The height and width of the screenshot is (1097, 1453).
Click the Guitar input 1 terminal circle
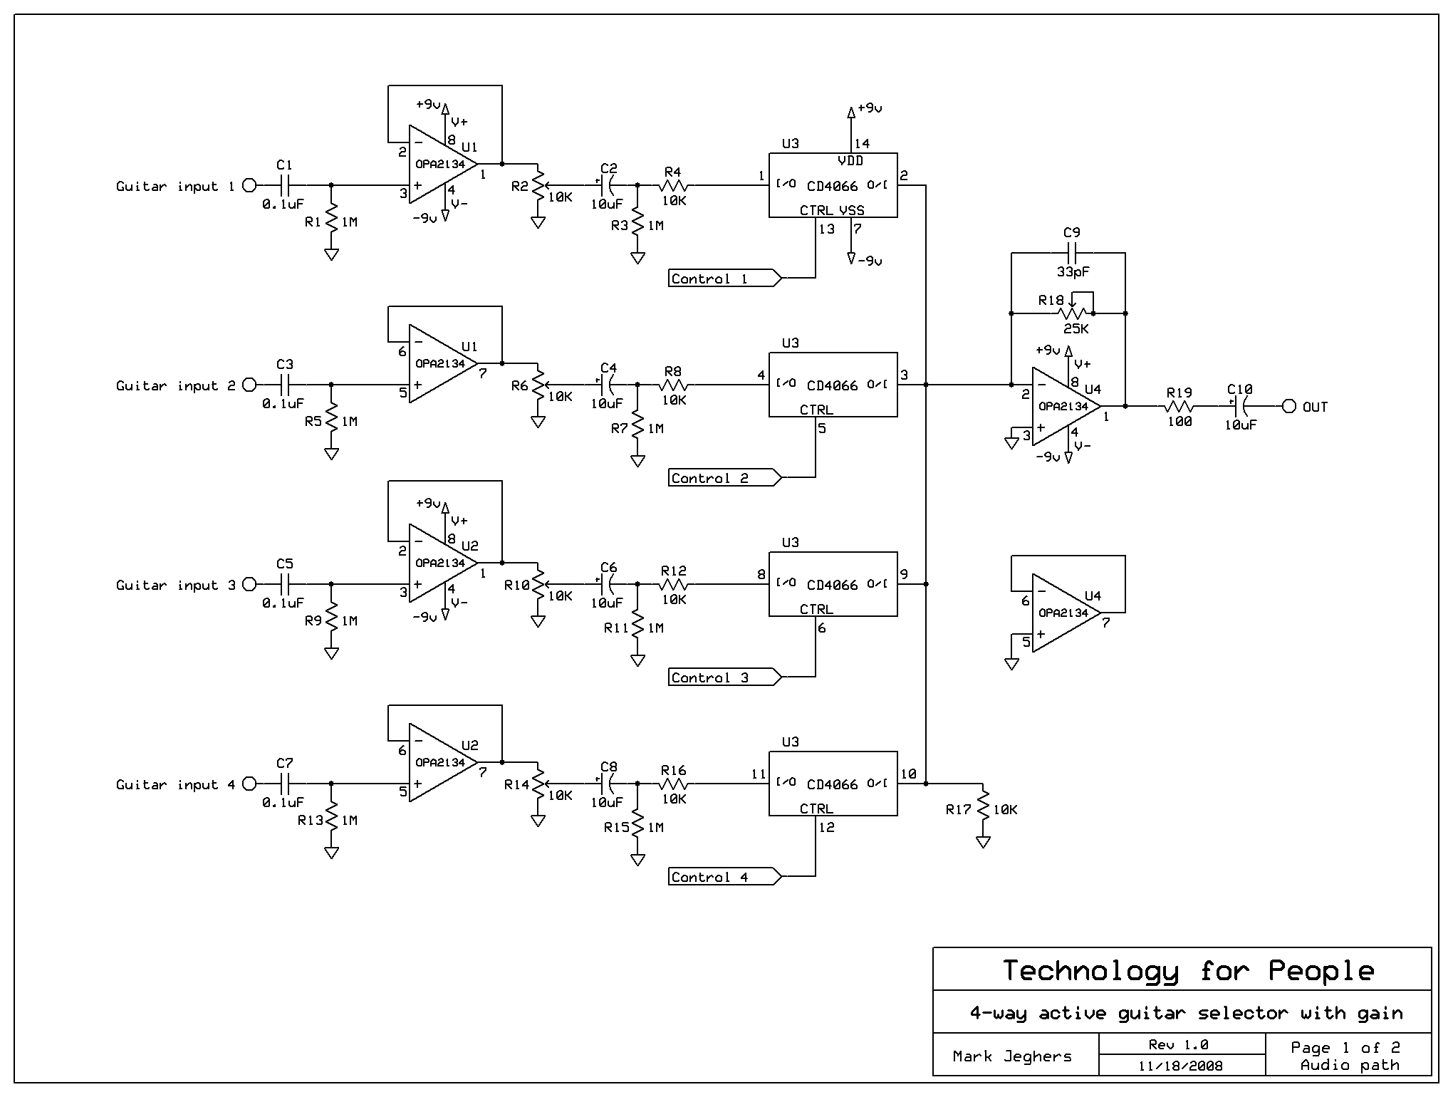click(x=249, y=186)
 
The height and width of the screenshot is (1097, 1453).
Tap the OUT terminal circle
click(x=1288, y=407)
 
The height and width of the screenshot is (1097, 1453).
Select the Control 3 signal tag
click(x=725, y=677)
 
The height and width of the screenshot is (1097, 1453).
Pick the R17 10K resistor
click(x=984, y=806)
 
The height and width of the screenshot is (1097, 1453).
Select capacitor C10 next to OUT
click(x=1239, y=407)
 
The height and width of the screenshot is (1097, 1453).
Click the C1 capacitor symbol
click(x=284, y=186)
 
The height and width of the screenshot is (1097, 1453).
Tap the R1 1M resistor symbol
click(x=331, y=219)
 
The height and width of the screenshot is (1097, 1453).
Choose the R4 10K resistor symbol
click(x=673, y=186)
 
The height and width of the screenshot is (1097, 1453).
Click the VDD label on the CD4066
click(x=850, y=161)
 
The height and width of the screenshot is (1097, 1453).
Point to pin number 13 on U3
click(x=826, y=229)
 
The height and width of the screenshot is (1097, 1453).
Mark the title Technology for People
click(x=1188, y=970)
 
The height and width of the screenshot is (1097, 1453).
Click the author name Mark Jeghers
click(x=1012, y=1056)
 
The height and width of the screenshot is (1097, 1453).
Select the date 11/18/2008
click(x=1180, y=1066)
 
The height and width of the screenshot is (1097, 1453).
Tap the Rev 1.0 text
click(x=1178, y=1045)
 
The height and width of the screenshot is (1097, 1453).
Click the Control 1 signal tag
click(x=725, y=279)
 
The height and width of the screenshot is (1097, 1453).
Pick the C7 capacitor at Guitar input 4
click(x=284, y=784)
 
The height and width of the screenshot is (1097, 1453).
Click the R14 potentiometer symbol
click(x=538, y=785)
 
